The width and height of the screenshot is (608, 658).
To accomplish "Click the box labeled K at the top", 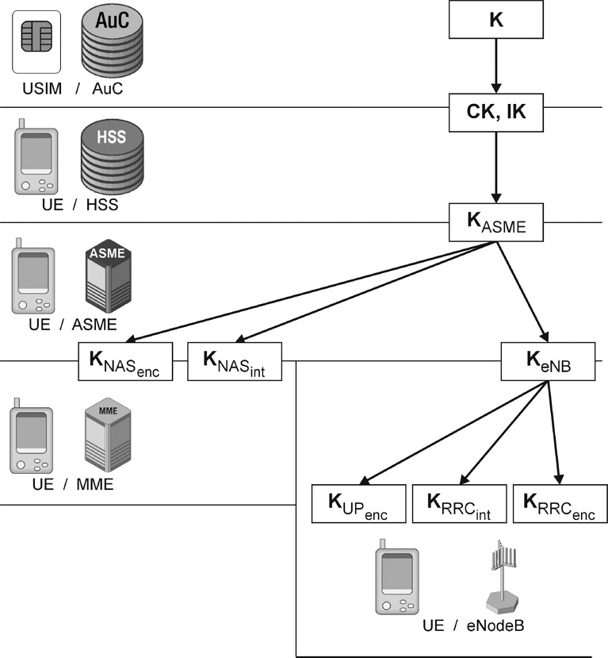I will pos(496,19).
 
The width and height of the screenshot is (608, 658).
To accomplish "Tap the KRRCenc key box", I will pos(560,503).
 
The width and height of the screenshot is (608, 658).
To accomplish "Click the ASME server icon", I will pos(106,278).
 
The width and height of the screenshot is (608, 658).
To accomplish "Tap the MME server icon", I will pos(106,439).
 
